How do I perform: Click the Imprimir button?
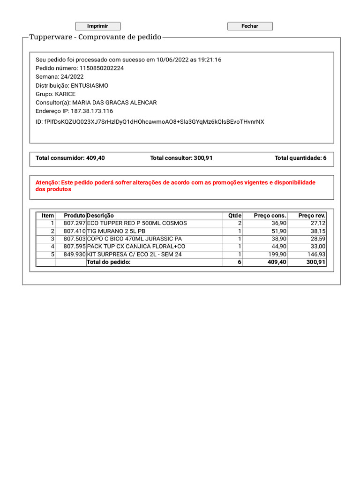point(98,26)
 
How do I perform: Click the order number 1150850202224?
point(102,68)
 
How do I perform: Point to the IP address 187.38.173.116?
point(92,112)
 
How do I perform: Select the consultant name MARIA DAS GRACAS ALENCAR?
point(114,103)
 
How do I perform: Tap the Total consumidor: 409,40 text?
point(70,158)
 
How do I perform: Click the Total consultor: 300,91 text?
point(181,158)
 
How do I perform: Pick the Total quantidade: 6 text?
point(300,158)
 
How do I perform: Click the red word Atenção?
point(47,182)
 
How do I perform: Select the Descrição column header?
point(100,216)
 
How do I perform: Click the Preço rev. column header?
point(312,216)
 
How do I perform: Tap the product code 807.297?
point(75,224)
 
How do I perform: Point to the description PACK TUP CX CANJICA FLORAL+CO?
point(136,247)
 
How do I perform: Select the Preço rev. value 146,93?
point(316,255)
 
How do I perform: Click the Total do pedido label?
point(109,262)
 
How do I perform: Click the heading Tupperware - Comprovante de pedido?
point(95,37)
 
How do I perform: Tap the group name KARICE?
point(65,94)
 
